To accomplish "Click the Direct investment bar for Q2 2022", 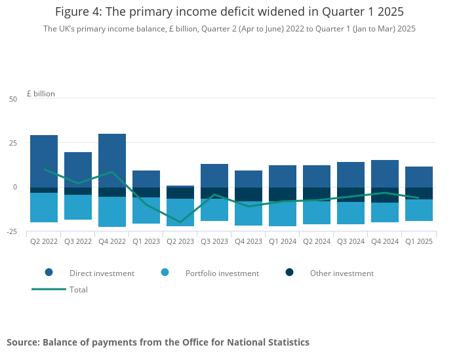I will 44,161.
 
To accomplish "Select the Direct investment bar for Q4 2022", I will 112,161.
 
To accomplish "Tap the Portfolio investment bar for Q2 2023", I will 180,212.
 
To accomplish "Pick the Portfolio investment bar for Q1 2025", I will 419,210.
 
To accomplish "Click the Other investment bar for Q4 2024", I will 385,195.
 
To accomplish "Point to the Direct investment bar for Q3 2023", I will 214,176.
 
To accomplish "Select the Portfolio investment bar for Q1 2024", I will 283,214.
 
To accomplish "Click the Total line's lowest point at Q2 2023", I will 180,222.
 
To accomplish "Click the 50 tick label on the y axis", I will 13,99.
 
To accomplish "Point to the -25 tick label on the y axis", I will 12,231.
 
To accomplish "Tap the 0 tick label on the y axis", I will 15,188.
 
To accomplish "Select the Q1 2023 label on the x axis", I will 146,241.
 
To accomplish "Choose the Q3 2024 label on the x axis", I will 351,241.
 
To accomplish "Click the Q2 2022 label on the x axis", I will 44,241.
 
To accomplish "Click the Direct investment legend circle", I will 49,273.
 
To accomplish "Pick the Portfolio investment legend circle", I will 165,273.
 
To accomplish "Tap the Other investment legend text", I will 342,273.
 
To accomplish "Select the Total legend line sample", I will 49,289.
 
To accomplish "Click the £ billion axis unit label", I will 41,94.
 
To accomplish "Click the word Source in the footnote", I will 22,342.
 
